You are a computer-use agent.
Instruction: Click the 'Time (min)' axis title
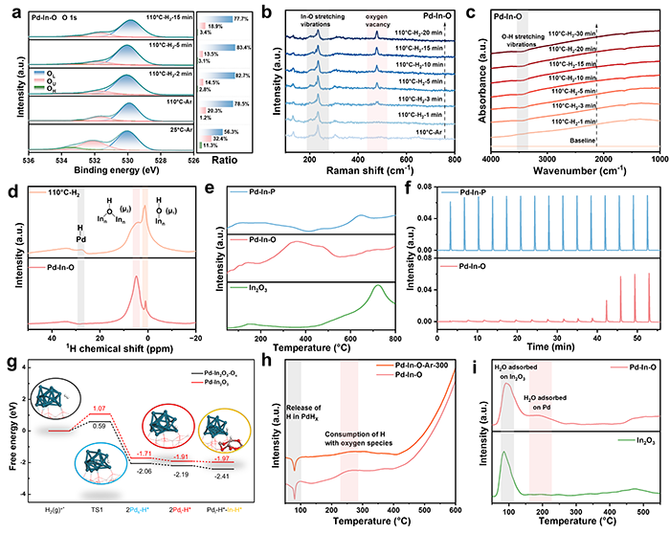pyautogui.click(x=555, y=338)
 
